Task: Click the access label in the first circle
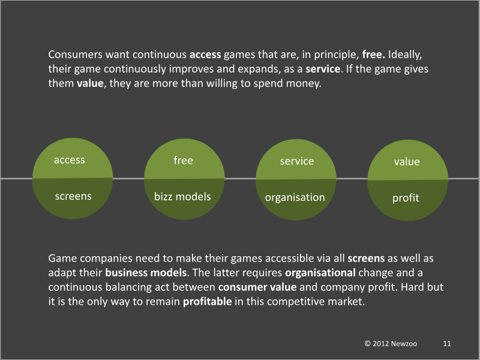click(x=70, y=160)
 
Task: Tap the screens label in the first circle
click(x=73, y=196)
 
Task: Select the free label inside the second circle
click(x=184, y=160)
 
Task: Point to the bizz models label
click(x=182, y=197)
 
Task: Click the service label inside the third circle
click(x=297, y=161)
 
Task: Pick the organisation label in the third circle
click(x=295, y=198)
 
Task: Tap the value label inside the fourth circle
click(x=407, y=161)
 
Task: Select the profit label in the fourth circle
click(x=406, y=198)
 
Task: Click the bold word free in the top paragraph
click(x=373, y=55)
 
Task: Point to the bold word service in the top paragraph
click(x=323, y=69)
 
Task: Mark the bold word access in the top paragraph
click(x=205, y=55)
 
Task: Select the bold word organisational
click(x=320, y=273)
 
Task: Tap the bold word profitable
click(x=207, y=302)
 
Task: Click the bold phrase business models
click(x=146, y=273)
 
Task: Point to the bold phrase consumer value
click(x=257, y=287)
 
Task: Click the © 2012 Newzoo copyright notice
click(x=391, y=344)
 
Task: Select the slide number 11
click(x=447, y=344)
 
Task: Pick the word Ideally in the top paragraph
click(x=404, y=55)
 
